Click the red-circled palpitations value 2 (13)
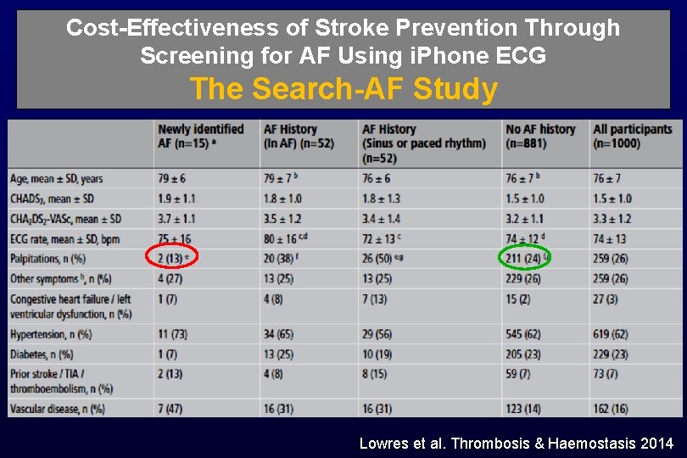pos(172,258)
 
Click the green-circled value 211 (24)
pos(523,258)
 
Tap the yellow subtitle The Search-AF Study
pos(343,88)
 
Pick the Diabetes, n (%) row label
pos(42,354)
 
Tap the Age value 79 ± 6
pos(173,178)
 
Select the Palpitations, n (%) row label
pos(47,258)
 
